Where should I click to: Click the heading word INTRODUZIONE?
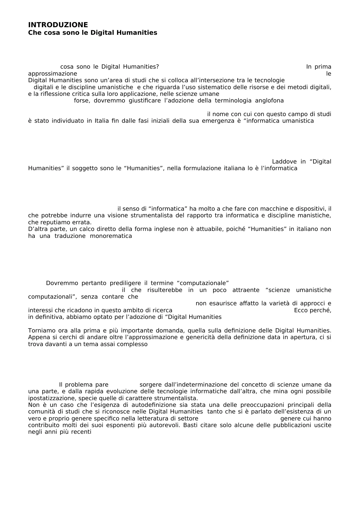[x=58, y=25]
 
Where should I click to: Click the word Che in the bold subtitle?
[x=34, y=33]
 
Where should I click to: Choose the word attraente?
[x=246, y=290]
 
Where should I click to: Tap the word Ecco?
[x=301, y=310]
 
